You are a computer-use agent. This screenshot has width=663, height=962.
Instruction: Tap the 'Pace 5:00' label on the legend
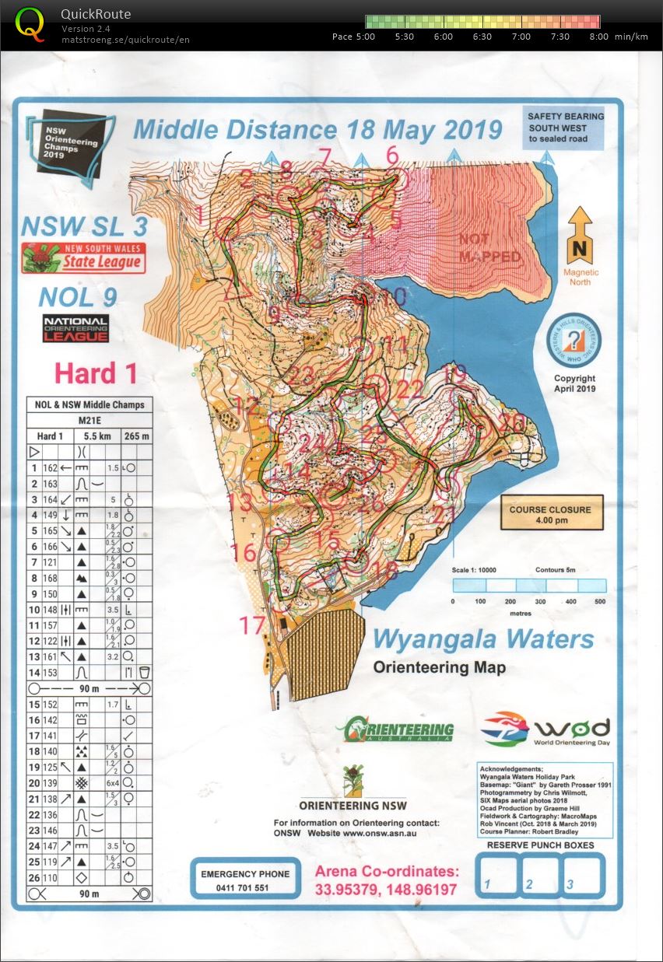click(353, 37)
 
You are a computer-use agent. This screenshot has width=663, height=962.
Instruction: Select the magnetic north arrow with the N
click(581, 236)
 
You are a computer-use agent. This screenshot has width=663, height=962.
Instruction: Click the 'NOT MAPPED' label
click(489, 247)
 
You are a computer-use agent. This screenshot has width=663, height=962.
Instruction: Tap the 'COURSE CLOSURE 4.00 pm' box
click(551, 514)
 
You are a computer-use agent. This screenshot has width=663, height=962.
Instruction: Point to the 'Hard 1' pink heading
click(95, 373)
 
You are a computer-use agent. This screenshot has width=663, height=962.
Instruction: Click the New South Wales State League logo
click(83, 257)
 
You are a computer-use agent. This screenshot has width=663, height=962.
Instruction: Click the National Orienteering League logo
click(75, 328)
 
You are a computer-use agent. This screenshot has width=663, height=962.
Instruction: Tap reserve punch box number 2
click(541, 874)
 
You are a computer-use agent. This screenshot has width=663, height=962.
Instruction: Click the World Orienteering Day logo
click(545, 729)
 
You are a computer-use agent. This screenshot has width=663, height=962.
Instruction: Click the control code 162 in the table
click(51, 468)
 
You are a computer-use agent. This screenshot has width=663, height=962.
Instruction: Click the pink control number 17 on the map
click(252, 625)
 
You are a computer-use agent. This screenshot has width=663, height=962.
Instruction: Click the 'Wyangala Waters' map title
click(482, 640)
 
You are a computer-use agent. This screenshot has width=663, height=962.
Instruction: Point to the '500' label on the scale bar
click(599, 601)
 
